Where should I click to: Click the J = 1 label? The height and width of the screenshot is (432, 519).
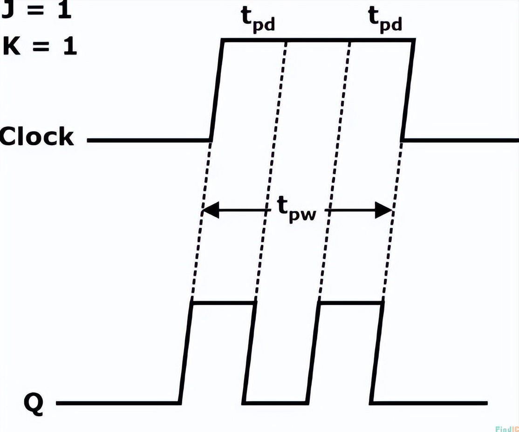click(x=36, y=10)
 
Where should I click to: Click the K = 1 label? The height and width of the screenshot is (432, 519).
click(x=39, y=47)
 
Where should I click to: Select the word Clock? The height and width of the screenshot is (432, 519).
click(x=37, y=137)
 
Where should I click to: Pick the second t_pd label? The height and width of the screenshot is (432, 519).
click(x=384, y=20)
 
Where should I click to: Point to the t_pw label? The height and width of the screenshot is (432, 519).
click(x=298, y=212)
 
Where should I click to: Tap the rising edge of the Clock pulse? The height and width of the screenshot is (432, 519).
click(x=217, y=91)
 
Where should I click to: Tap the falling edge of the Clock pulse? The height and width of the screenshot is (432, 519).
click(x=408, y=91)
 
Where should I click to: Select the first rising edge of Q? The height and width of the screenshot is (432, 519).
click(x=186, y=353)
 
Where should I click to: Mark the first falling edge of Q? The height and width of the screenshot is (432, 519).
click(x=249, y=353)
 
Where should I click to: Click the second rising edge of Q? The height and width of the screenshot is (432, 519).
click(x=314, y=353)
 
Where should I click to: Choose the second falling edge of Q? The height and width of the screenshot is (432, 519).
click(x=377, y=353)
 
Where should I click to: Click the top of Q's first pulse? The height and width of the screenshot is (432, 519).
click(x=224, y=304)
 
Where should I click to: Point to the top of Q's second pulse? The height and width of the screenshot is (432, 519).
click(x=350, y=304)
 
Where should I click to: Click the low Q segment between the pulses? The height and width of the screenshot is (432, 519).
click(x=276, y=402)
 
